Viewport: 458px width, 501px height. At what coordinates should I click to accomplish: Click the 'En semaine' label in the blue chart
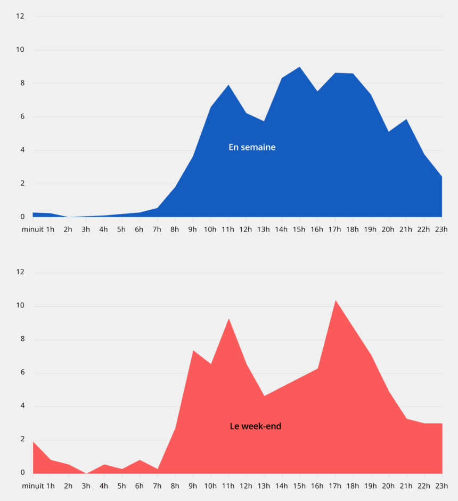click(252, 147)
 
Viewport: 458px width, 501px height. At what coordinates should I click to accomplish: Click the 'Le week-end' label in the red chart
click(255, 426)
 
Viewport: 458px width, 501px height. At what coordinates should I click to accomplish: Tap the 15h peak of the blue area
click(300, 67)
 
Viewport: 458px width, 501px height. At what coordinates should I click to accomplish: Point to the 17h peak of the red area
click(336, 300)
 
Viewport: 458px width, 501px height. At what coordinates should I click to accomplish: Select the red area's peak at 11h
click(228, 319)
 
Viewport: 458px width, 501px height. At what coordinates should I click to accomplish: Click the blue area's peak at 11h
click(228, 85)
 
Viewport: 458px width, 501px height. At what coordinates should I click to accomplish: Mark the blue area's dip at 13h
click(264, 121)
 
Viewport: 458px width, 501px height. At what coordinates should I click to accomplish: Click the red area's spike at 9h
click(193, 351)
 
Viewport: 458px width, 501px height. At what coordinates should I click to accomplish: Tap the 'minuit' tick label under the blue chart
click(32, 230)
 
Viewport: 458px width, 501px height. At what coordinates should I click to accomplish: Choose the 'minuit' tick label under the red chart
click(32, 486)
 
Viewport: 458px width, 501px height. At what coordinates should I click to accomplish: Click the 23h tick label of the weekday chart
click(441, 230)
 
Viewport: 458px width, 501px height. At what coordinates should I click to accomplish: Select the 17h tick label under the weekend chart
click(335, 486)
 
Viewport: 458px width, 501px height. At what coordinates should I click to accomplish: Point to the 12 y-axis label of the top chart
click(20, 16)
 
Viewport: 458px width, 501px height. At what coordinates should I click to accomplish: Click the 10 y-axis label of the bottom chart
click(20, 306)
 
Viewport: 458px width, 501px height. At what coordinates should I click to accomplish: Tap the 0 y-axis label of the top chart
click(22, 217)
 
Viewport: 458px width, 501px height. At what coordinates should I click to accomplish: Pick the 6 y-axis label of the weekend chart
click(22, 373)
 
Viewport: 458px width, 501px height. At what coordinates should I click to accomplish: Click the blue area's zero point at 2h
click(69, 217)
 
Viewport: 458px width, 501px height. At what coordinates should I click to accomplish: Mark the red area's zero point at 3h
click(86, 473)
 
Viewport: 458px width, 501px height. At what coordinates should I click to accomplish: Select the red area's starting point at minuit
click(34, 442)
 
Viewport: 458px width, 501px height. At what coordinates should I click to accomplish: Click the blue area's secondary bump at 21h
click(407, 120)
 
